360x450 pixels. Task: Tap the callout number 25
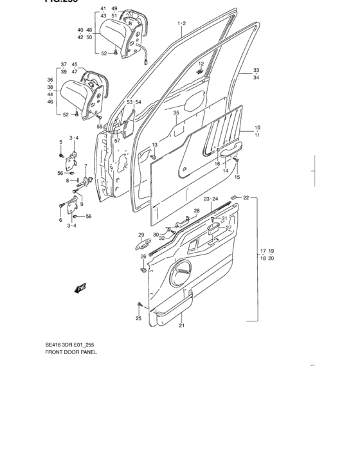138,318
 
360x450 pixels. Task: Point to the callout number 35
176,113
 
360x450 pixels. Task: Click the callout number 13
154,145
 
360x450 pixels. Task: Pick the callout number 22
246,197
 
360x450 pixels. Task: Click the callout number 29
141,235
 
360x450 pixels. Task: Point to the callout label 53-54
134,102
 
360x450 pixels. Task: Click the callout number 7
85,166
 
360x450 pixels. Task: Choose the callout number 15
237,177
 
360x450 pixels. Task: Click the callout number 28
197,211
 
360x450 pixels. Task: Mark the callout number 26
144,256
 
